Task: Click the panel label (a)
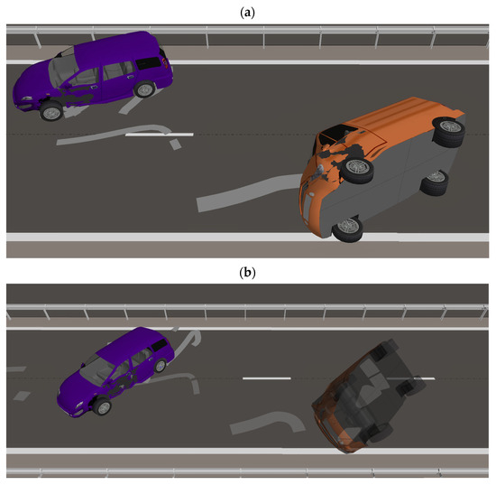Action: (247, 13)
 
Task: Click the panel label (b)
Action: (247, 273)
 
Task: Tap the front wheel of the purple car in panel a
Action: (51, 111)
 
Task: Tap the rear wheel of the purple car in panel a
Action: (145, 89)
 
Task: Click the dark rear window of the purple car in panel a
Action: (149, 63)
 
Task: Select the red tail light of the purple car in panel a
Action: (164, 62)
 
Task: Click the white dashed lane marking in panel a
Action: (159, 135)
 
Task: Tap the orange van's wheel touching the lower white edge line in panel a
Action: (347, 229)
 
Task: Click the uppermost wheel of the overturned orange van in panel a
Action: (448, 131)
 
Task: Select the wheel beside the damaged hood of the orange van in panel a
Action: (358, 171)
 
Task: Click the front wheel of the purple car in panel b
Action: (102, 406)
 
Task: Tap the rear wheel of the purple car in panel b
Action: (160, 366)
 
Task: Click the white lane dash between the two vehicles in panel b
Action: (266, 378)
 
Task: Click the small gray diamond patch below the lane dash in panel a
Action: (175, 145)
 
